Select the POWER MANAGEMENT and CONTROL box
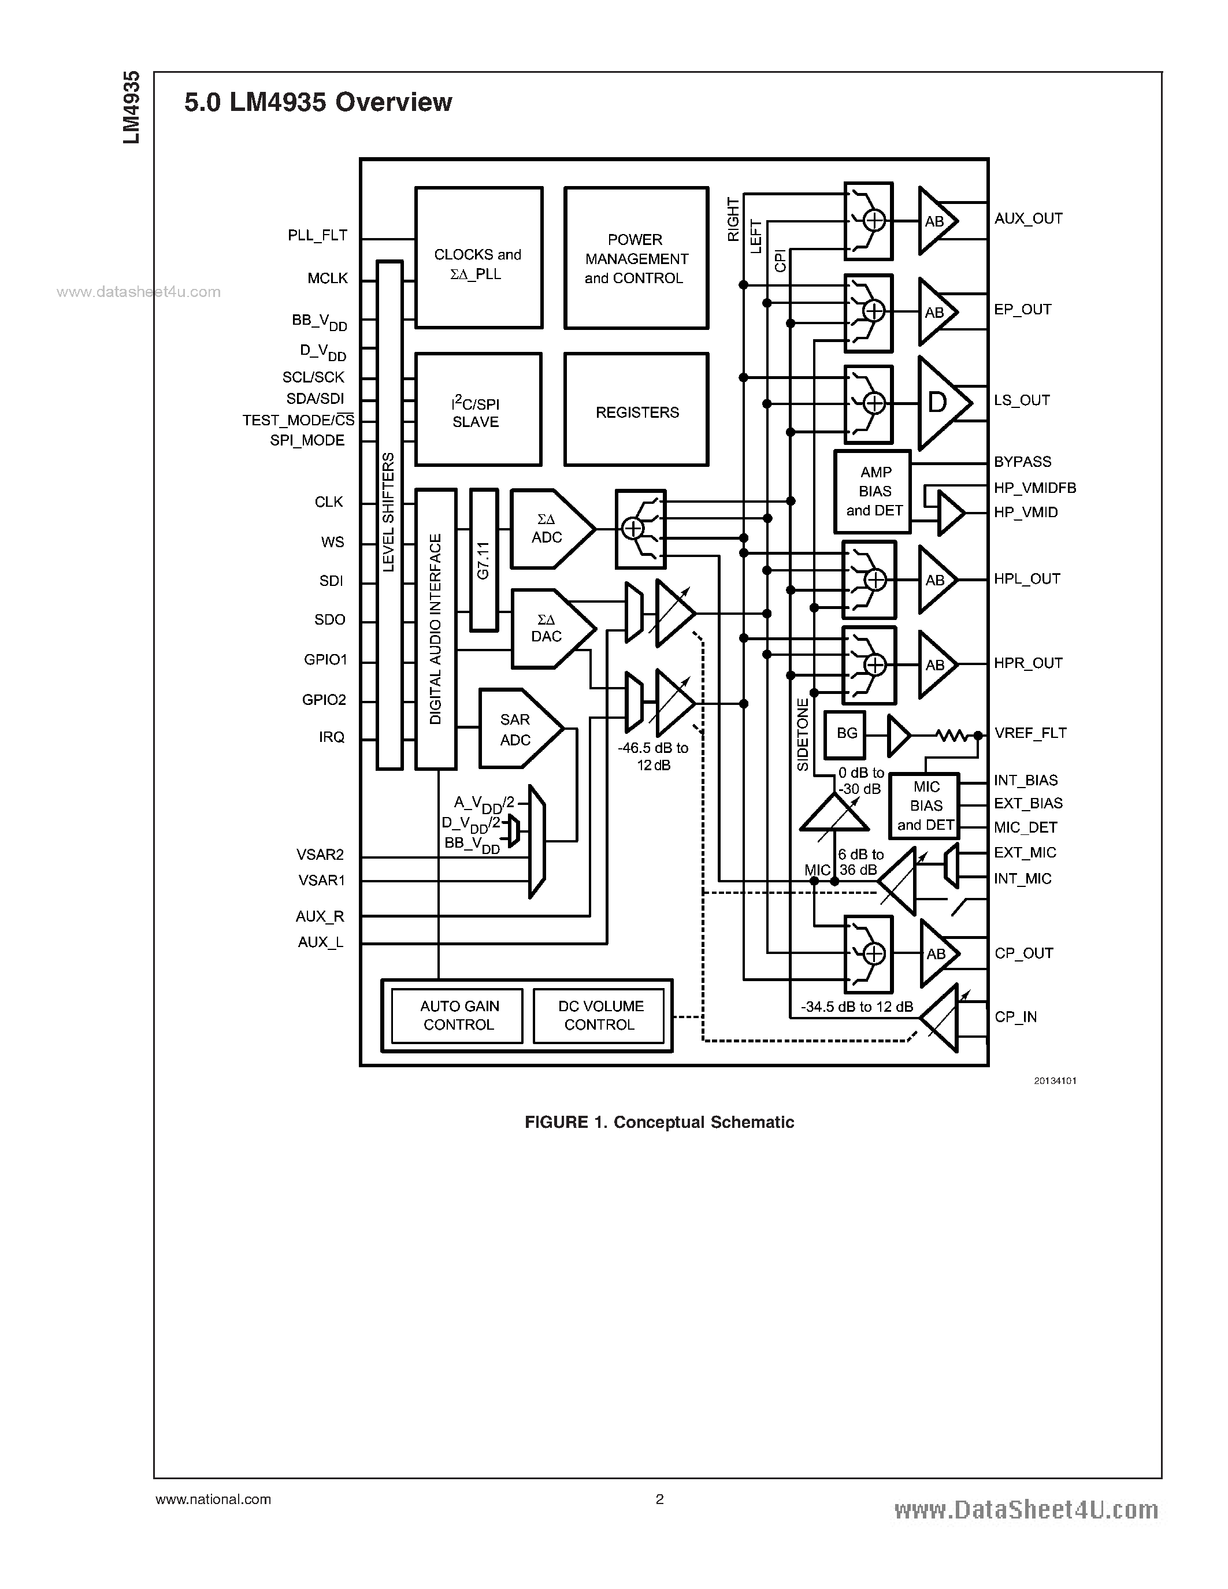point(637,258)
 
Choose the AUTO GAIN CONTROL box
point(458,1015)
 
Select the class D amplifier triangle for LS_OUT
point(940,402)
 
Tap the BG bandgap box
point(846,733)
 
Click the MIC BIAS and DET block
point(925,805)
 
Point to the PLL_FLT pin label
point(317,235)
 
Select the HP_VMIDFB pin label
point(1034,488)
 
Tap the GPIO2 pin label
point(324,700)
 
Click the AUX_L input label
point(320,942)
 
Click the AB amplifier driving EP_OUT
point(936,312)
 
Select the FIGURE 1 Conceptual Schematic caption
point(659,1122)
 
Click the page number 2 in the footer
point(659,1499)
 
